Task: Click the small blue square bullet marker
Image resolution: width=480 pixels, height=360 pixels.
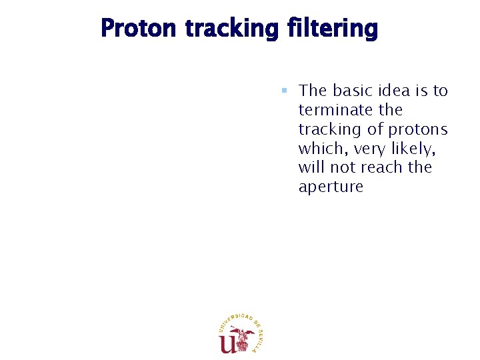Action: point(283,90)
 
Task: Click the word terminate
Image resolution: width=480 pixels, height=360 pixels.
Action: point(332,109)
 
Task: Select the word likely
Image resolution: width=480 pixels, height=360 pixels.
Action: point(427,148)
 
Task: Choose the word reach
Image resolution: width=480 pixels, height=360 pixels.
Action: point(389,167)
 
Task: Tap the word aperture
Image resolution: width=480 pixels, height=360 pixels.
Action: point(331,187)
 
